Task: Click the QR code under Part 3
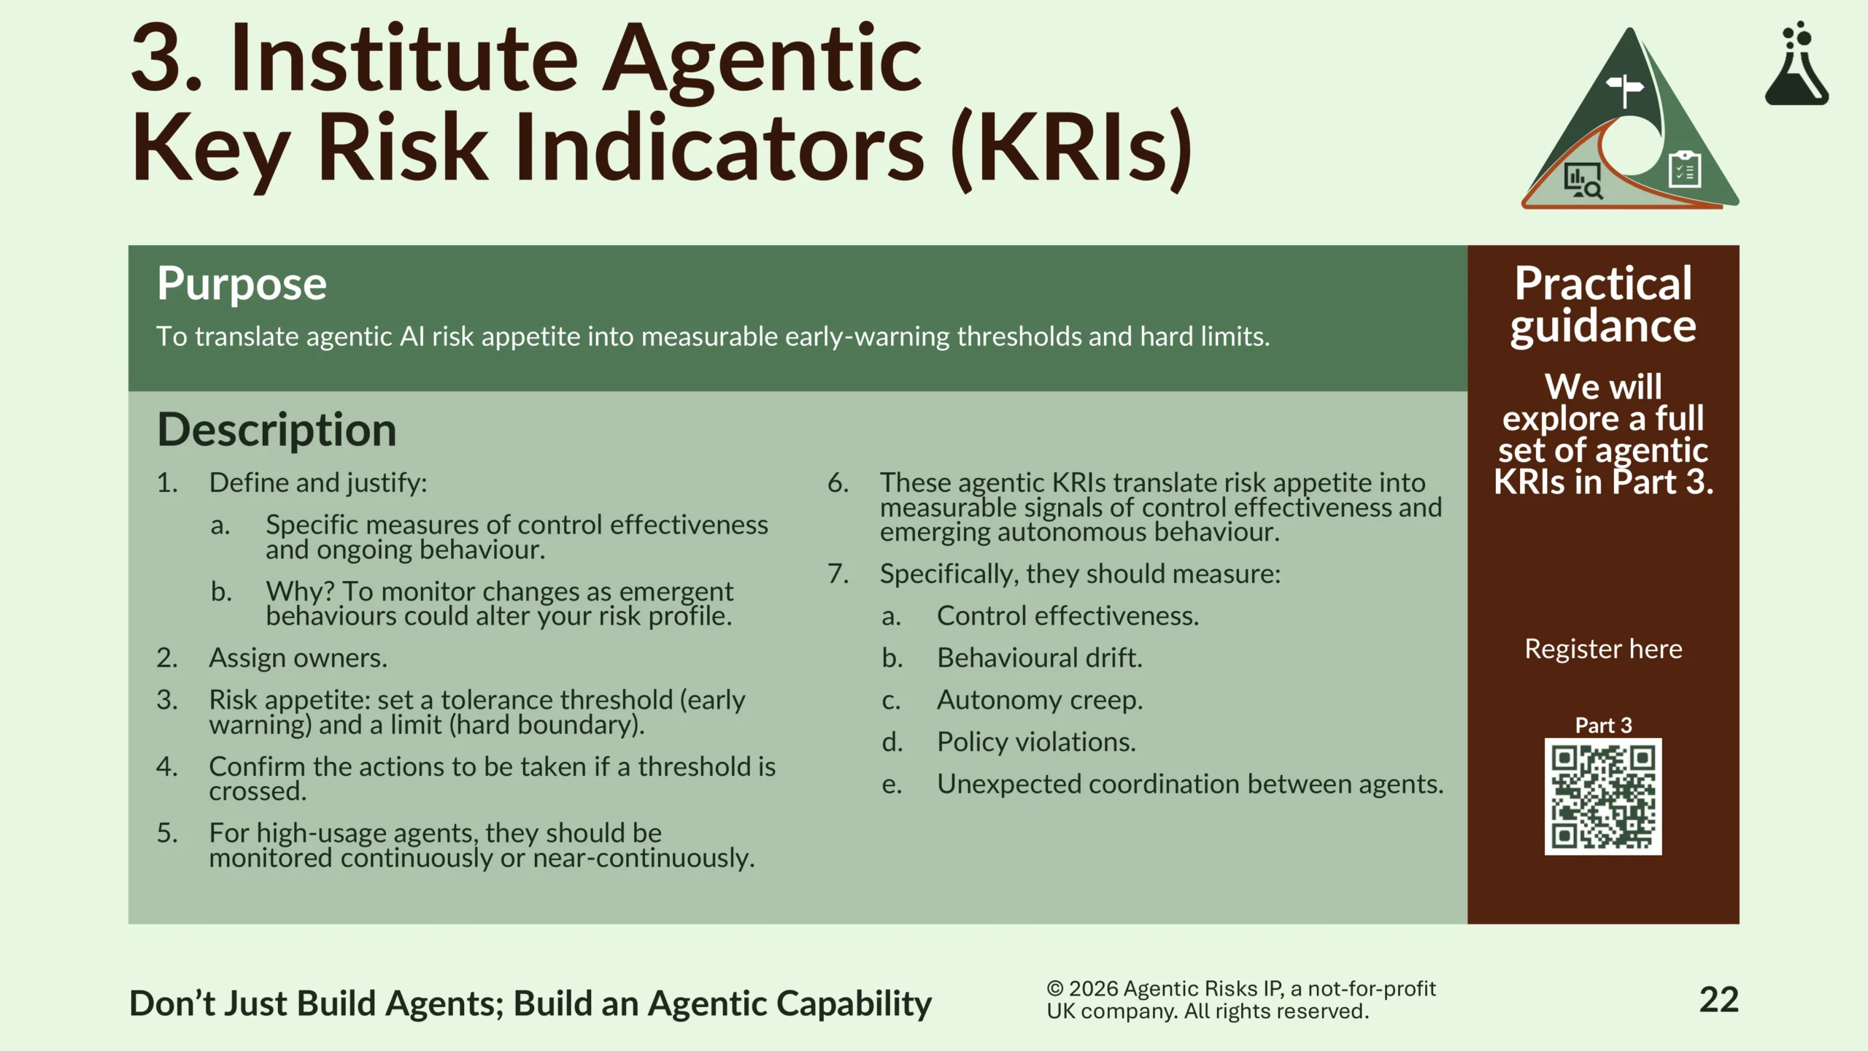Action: (1603, 796)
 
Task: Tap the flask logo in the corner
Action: (1796, 63)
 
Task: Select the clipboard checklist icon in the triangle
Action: (1686, 169)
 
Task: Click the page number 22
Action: (1718, 1000)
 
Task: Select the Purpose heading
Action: (242, 284)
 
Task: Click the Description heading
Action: (277, 429)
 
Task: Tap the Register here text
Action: (1603, 649)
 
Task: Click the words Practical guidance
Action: (1603, 304)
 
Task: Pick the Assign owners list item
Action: (298, 658)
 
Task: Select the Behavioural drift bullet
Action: (1040, 658)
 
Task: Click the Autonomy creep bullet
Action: (1040, 701)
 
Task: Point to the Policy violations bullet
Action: (1036, 742)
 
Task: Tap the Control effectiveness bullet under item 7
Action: (1068, 617)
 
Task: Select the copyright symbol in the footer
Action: (1055, 989)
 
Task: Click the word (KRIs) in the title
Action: (1071, 148)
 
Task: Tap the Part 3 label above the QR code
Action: (1603, 725)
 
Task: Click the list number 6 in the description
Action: (838, 483)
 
